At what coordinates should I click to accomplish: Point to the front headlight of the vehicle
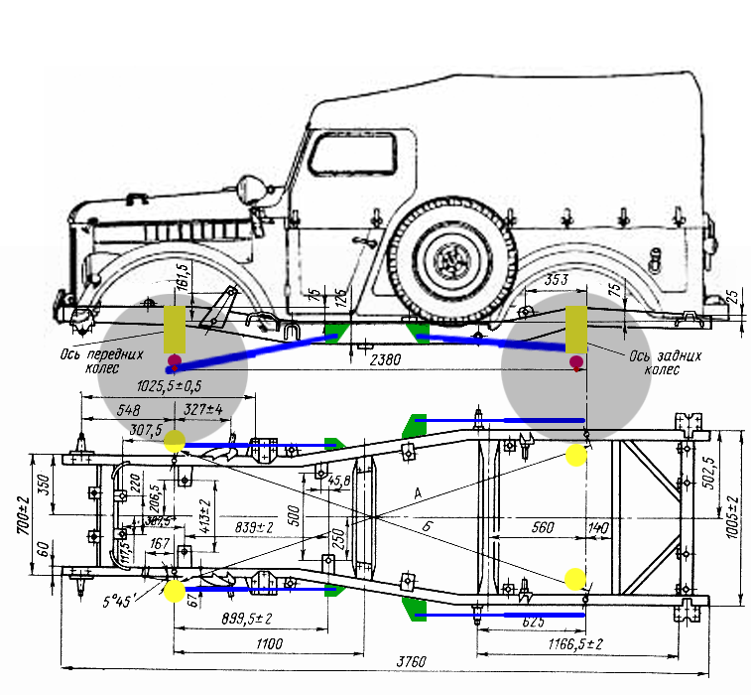pyautogui.click(x=257, y=188)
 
